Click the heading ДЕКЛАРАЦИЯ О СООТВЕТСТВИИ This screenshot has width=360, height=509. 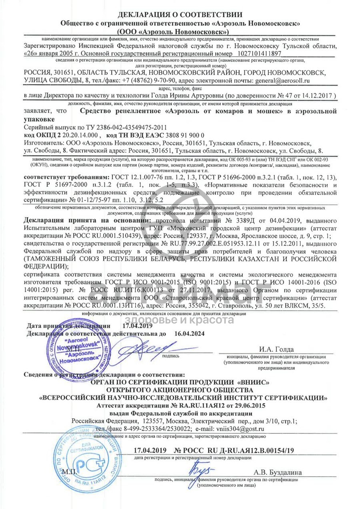(x=180, y=15)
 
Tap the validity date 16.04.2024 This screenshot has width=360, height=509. (x=190, y=333)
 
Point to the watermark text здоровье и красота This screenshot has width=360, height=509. (x=180, y=320)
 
